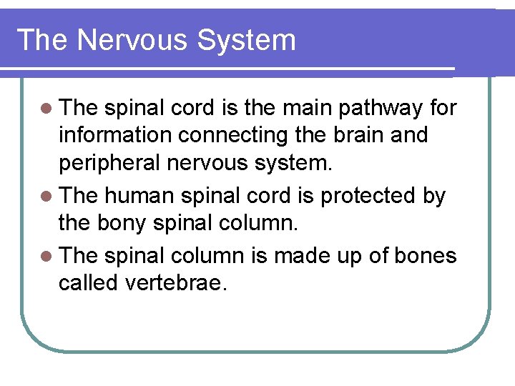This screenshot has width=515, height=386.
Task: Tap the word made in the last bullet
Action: (x=317, y=254)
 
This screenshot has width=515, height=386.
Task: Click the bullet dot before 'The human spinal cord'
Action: (x=47, y=195)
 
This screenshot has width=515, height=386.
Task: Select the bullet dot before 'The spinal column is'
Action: (x=47, y=255)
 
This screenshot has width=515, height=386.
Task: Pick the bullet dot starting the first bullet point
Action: (x=47, y=109)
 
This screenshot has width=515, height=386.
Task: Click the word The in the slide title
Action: (x=42, y=40)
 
